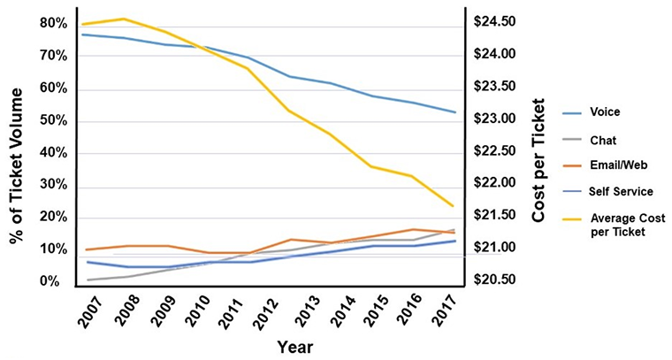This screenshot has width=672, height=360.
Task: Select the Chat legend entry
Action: (x=603, y=139)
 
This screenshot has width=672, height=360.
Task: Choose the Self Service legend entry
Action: (x=620, y=191)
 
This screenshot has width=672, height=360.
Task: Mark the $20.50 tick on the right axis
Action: (x=496, y=280)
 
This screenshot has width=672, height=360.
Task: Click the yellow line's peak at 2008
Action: (x=123, y=19)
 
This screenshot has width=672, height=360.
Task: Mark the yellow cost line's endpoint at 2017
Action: (x=454, y=206)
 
